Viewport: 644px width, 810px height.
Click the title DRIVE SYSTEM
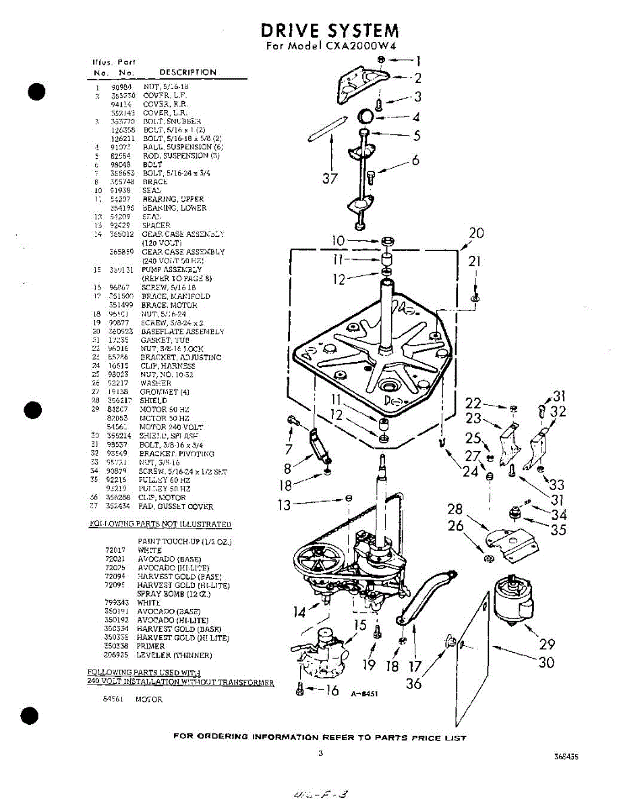click(330, 31)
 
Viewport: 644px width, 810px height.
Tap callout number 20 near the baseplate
click(476, 234)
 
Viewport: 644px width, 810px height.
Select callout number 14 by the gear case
click(301, 612)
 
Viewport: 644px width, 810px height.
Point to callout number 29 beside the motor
click(546, 645)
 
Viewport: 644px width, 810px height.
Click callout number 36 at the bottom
click(414, 684)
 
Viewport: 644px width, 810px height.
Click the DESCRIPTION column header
click(187, 72)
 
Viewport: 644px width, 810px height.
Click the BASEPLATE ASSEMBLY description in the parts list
click(182, 331)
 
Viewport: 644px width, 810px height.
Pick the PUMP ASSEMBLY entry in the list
click(172, 269)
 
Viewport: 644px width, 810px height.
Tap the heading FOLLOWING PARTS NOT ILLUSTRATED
click(160, 524)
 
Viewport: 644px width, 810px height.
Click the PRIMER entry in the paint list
click(150, 646)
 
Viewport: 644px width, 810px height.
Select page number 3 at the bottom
click(321, 753)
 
